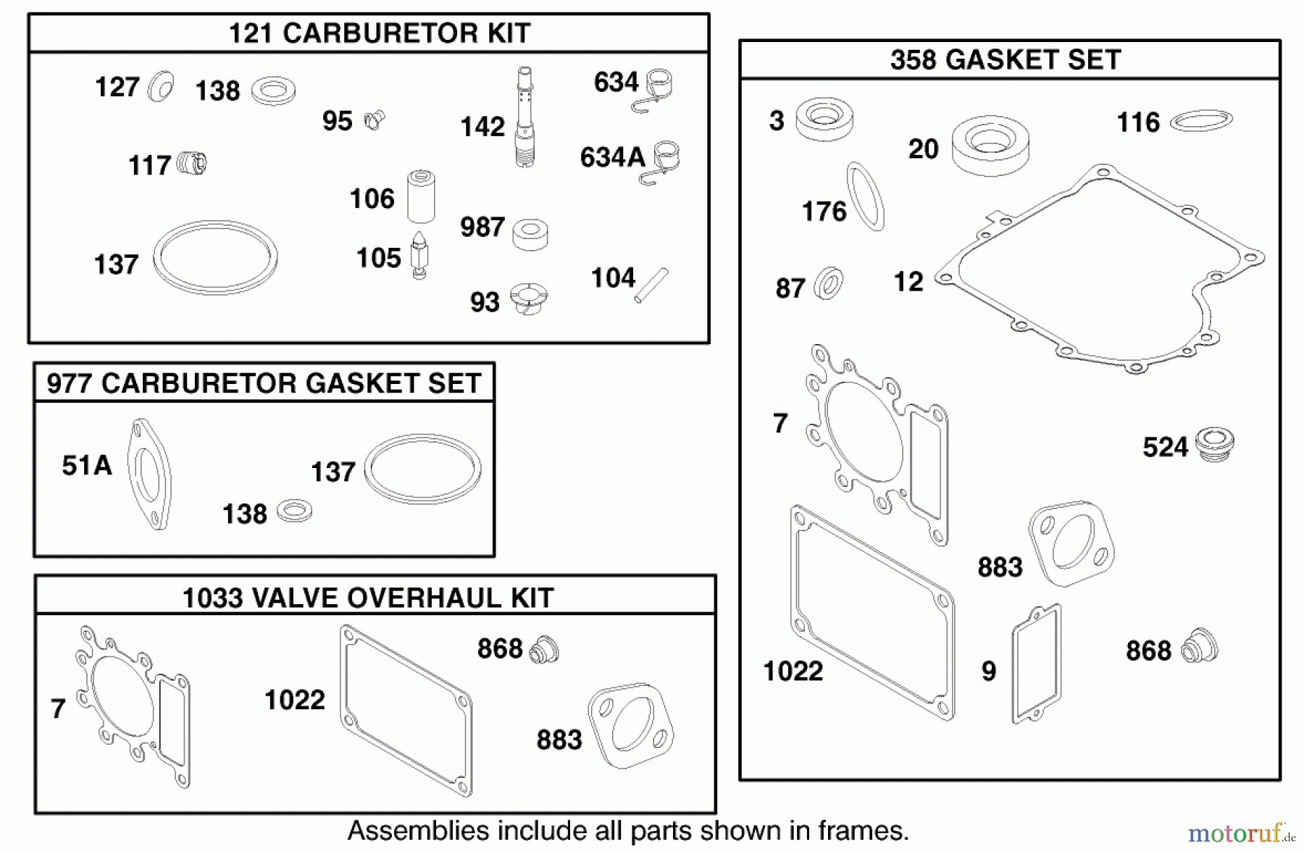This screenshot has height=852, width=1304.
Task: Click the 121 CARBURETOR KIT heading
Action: (380, 33)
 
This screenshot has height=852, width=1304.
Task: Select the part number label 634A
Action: (612, 157)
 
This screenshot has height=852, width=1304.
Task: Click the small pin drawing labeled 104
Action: (651, 285)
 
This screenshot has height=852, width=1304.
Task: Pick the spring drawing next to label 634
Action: (656, 90)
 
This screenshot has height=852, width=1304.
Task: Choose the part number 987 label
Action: (482, 227)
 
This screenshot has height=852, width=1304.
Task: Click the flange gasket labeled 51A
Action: (149, 474)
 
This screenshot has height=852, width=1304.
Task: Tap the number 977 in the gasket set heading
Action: (70, 383)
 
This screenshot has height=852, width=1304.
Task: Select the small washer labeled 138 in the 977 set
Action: (294, 511)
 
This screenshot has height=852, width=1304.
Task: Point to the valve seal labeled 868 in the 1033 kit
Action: (543, 649)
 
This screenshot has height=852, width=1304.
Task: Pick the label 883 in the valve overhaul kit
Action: (559, 740)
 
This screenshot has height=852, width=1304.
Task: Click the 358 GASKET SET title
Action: (1006, 60)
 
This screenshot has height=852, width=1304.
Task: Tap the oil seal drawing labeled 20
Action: (990, 147)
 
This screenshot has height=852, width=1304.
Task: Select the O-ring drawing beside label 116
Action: (1201, 120)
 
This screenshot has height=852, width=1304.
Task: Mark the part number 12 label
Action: (908, 282)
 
